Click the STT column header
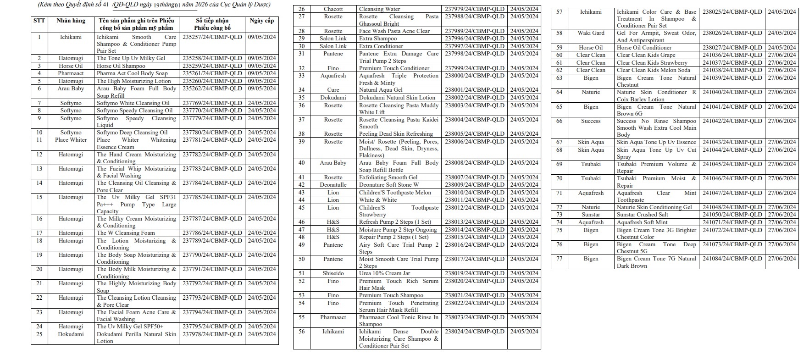pyautogui.click(x=39, y=21)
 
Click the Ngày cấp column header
pyautogui.click(x=261, y=21)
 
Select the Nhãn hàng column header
pyautogui.click(x=71, y=21)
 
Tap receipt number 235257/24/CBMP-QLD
pyautogui.click(x=212, y=37)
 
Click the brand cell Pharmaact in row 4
pyautogui.click(x=71, y=73)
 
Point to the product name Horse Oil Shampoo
pyautogui.click(x=121, y=66)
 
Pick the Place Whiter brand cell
pyautogui.click(x=71, y=140)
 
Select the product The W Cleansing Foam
pyautogui.click(x=126, y=233)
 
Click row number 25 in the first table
pyautogui.click(x=39, y=334)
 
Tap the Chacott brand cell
pyautogui.click(x=333, y=9)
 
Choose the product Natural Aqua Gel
pyautogui.click(x=381, y=90)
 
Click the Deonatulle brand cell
pyautogui.click(x=333, y=185)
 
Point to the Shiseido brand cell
pyautogui.click(x=333, y=273)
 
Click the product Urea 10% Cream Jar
pyautogui.click(x=384, y=273)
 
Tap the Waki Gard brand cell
pyautogui.click(x=591, y=33)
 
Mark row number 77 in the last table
pyautogui.click(x=559, y=259)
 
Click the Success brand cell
pyautogui.click(x=591, y=121)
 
